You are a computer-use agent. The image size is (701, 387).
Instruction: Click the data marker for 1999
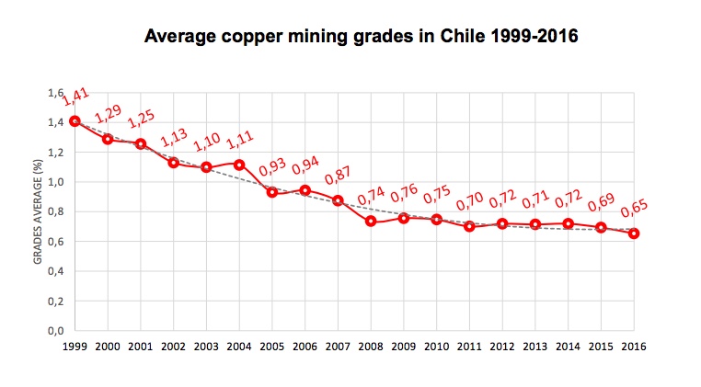(75, 120)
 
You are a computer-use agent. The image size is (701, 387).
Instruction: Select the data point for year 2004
(239, 165)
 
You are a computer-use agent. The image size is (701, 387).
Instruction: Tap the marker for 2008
(371, 221)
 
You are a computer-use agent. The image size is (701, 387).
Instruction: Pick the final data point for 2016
(634, 233)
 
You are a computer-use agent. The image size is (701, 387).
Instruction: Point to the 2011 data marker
(469, 226)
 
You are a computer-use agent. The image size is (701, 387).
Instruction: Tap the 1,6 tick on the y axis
(56, 93)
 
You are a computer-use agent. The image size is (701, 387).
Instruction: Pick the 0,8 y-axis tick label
(56, 211)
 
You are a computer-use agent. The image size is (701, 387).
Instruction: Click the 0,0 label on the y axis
(56, 330)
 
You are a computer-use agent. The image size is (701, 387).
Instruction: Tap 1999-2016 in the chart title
(529, 38)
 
